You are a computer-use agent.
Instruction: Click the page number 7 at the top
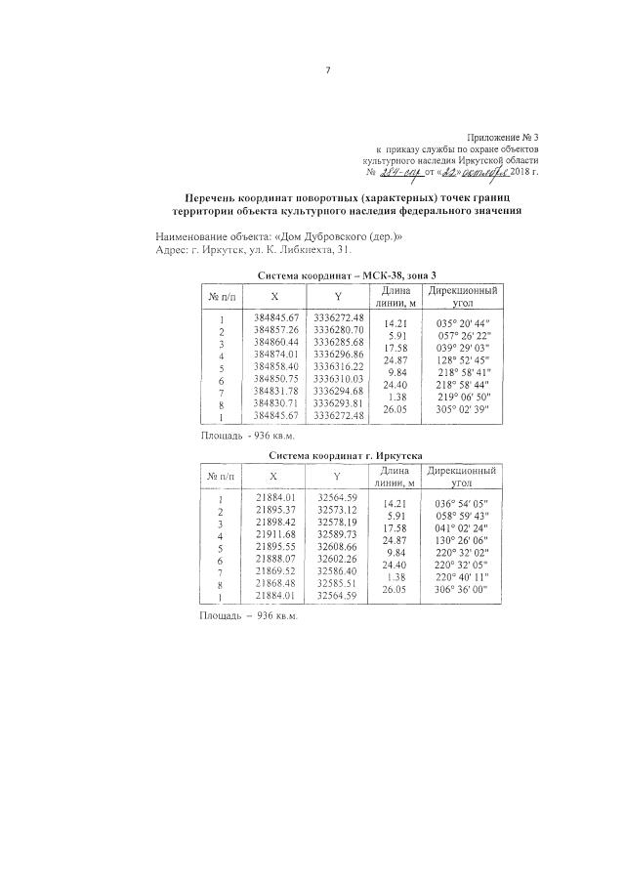coord(328,69)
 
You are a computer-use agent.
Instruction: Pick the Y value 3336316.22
coord(339,366)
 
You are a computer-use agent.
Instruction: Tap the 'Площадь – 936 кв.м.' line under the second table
coord(248,617)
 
